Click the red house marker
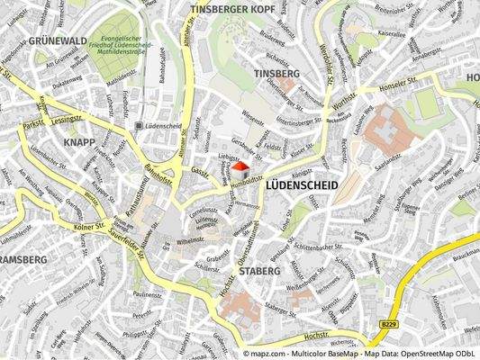[x=240, y=168]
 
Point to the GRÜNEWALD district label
[x=32, y=40]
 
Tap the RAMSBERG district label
[x=22, y=259]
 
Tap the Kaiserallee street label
[x=394, y=32]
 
